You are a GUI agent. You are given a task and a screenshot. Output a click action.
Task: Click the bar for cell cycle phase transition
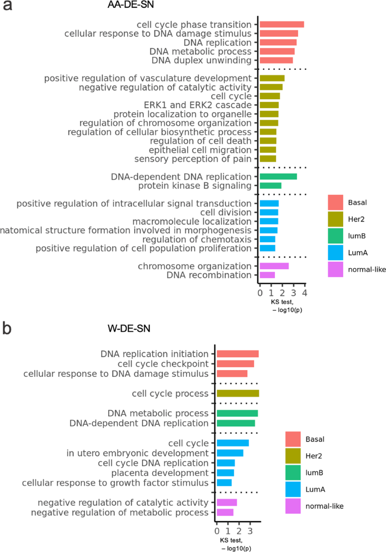point(282,24)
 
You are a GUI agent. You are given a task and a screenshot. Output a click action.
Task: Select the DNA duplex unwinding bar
point(276,60)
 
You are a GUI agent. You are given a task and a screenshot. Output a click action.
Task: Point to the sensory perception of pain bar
point(268,159)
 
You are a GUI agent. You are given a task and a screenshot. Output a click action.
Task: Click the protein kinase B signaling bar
point(270,185)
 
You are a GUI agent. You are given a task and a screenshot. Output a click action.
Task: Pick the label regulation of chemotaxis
point(205,239)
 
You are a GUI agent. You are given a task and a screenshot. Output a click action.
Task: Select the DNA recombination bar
point(267,275)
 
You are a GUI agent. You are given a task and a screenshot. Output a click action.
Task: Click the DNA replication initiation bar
point(238,354)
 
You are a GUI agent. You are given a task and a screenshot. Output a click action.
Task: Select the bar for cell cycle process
point(238,393)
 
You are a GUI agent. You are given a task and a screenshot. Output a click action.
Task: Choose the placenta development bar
point(225,473)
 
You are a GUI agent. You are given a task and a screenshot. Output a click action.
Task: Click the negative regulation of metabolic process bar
point(225,512)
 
